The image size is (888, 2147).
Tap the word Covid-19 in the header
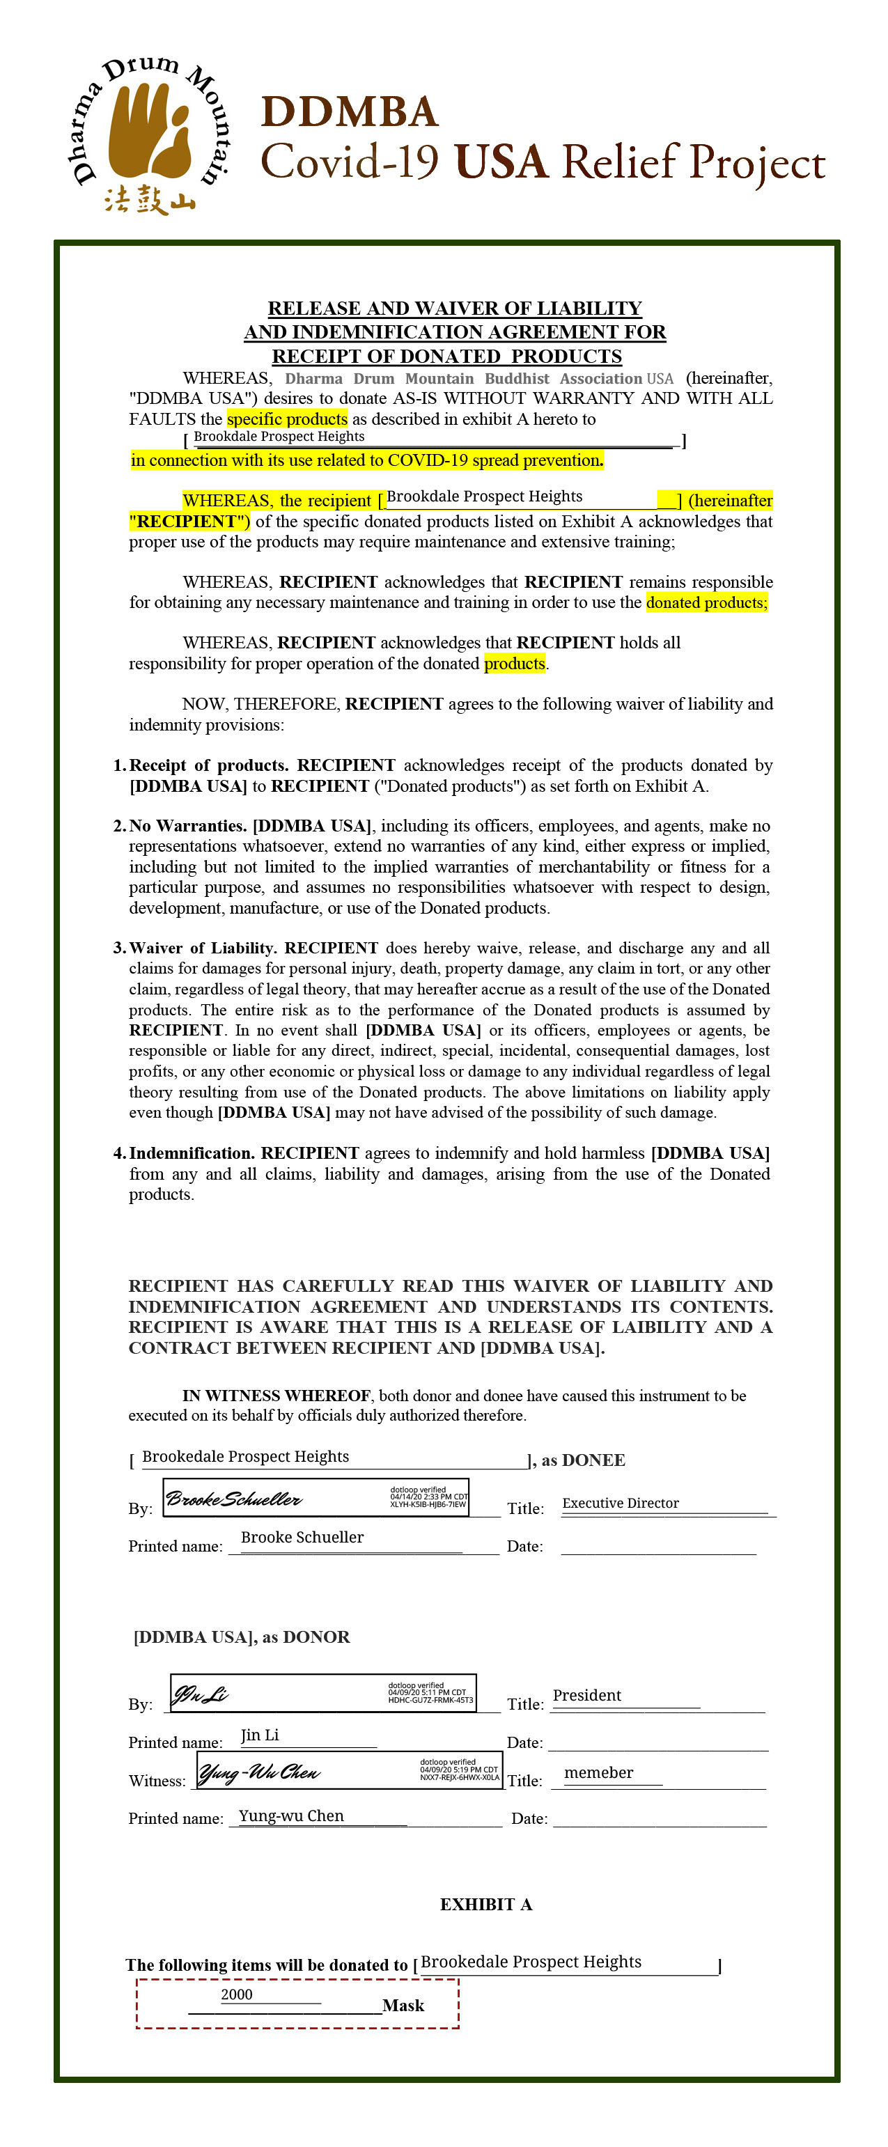click(350, 161)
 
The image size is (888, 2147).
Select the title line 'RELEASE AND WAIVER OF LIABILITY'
click(454, 309)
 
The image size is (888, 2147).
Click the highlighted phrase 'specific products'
click(287, 419)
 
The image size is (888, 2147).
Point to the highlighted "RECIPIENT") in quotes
click(189, 522)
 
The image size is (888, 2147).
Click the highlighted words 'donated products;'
click(706, 602)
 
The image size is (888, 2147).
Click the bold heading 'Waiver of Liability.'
click(203, 948)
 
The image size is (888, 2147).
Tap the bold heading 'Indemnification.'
click(191, 1153)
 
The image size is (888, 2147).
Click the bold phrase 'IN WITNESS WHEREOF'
click(276, 1395)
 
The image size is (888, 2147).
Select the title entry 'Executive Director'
click(621, 1503)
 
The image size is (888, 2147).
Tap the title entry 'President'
click(587, 1695)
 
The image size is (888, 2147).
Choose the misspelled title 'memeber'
click(599, 1773)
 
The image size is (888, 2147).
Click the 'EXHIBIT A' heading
click(486, 1905)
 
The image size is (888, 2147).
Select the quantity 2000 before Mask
click(237, 1994)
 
